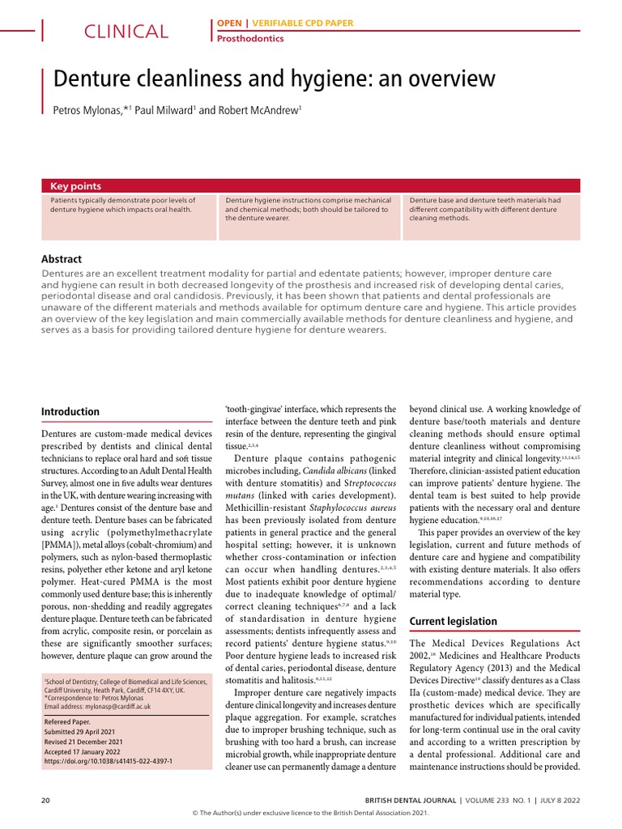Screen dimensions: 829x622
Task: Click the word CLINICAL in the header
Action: [x=127, y=32]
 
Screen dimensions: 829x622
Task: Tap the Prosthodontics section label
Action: [x=249, y=37]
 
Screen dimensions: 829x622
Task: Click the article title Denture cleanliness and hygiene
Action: [x=274, y=79]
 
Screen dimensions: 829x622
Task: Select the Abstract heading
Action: [x=62, y=259]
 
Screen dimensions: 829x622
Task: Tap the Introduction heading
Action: [x=70, y=411]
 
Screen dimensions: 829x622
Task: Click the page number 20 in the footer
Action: [x=46, y=800]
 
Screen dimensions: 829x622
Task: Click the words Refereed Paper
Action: [x=68, y=720]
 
